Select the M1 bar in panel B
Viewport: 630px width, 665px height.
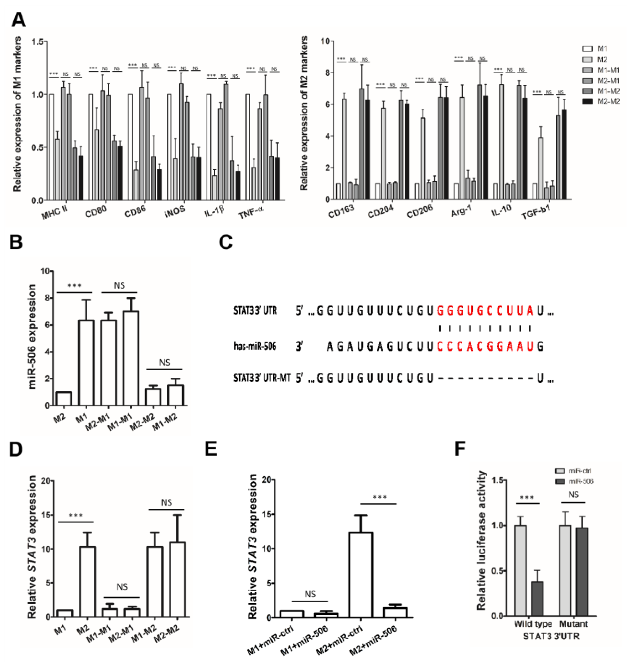tap(86, 363)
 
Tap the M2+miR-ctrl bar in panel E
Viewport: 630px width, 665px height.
tap(361, 575)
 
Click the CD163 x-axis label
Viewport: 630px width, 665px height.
tap(341, 211)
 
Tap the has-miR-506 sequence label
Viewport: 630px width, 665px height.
tap(255, 346)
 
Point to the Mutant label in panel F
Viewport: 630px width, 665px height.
tap(573, 624)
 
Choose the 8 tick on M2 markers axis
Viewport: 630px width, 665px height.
tap(325, 73)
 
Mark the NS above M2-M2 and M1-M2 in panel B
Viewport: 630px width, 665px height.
tap(164, 363)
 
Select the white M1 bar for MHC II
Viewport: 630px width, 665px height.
tap(51, 147)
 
